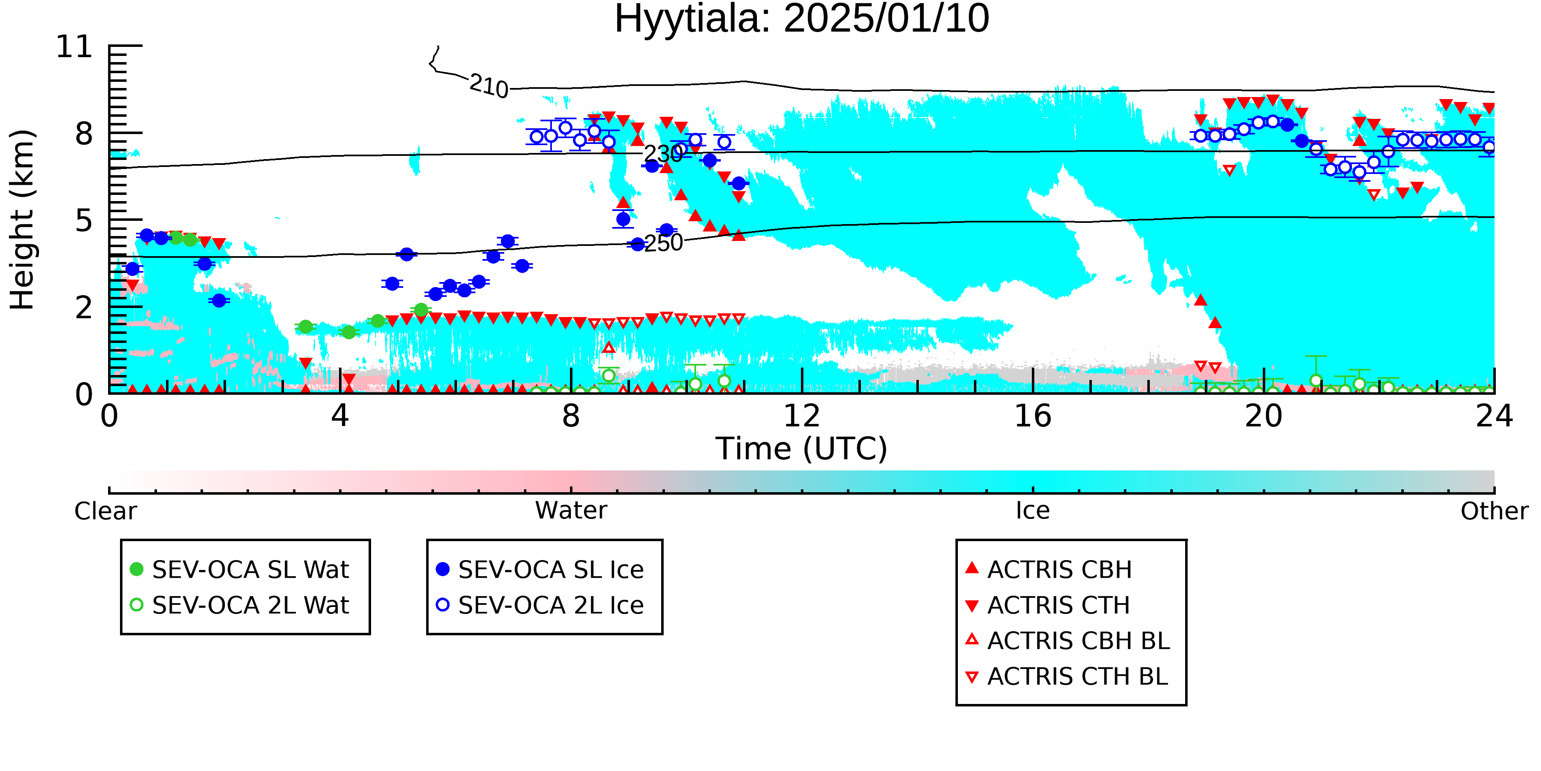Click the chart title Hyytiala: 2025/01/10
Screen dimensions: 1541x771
tap(802, 19)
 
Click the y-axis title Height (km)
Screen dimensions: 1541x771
tap(22, 220)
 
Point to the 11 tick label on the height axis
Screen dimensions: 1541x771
tap(74, 47)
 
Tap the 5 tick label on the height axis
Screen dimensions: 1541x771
tap(84, 221)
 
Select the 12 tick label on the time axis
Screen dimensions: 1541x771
tap(802, 416)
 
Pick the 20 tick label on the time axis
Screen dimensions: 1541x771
tap(1264, 416)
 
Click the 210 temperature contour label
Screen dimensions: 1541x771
tap(489, 86)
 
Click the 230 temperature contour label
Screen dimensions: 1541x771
tap(663, 154)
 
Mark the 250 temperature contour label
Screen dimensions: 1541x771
tap(663, 243)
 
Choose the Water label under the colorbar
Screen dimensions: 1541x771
tap(571, 511)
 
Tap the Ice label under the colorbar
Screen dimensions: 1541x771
tap(1033, 511)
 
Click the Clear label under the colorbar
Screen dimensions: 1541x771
tap(105, 511)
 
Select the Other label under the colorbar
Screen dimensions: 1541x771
tap(1494, 511)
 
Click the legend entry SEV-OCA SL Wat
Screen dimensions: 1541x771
tap(239, 569)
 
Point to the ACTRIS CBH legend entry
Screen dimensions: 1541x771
tap(1049, 569)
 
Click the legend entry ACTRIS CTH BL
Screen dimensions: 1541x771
tap(1067, 676)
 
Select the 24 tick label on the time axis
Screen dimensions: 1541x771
tap(1494, 416)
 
